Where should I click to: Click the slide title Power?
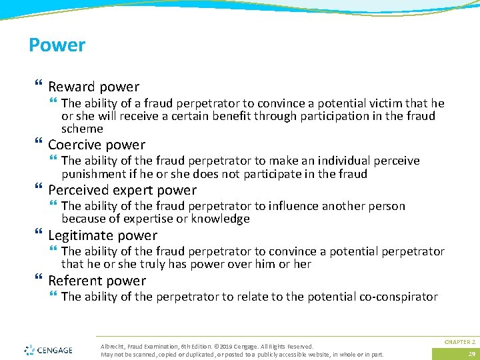click(x=57, y=45)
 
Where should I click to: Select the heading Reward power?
click(x=93, y=87)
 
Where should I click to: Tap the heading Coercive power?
click(x=97, y=145)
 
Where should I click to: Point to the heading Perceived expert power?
click(x=122, y=190)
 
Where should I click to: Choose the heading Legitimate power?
click(x=103, y=235)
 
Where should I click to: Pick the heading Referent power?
click(x=97, y=281)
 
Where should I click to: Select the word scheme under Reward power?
click(x=82, y=129)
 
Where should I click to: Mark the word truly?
click(x=139, y=264)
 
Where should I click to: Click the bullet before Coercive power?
click(x=37, y=144)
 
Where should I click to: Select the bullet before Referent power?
click(x=37, y=280)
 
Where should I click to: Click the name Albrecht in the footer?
click(x=111, y=346)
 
